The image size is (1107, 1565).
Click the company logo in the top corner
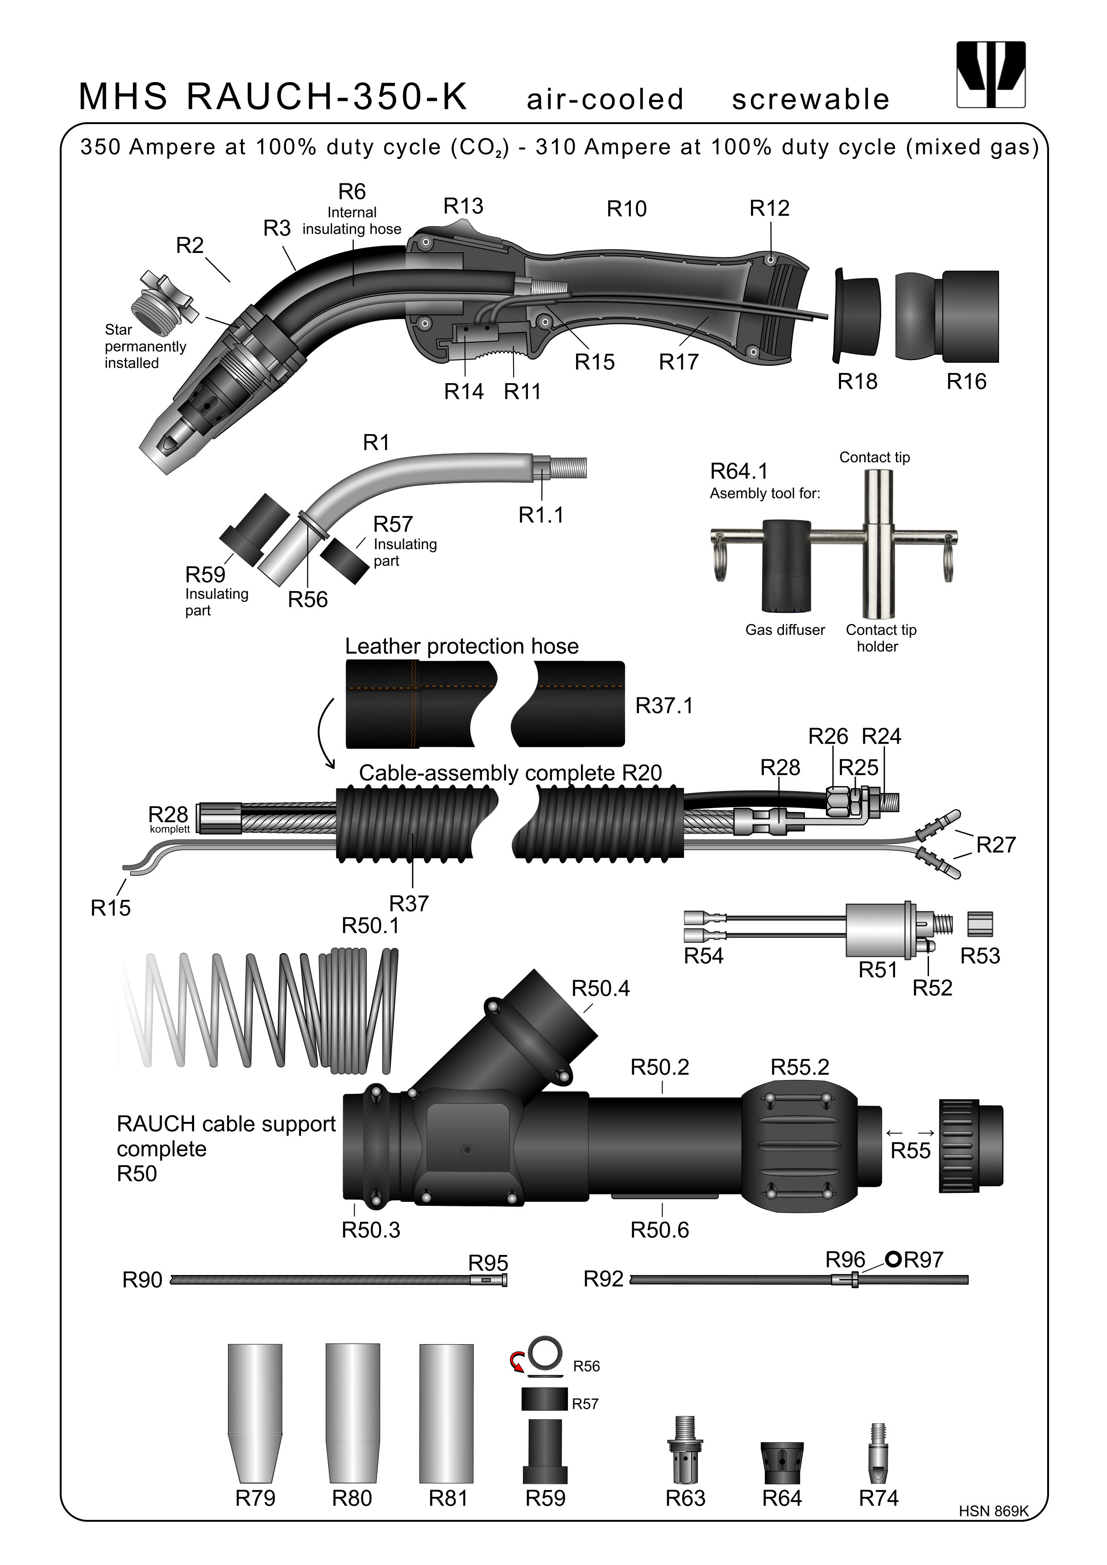[991, 75]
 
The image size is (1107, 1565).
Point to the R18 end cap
[857, 315]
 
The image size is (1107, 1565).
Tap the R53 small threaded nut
[980, 924]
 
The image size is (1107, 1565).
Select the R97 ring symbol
[894, 1259]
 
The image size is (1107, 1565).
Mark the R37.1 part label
[664, 705]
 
